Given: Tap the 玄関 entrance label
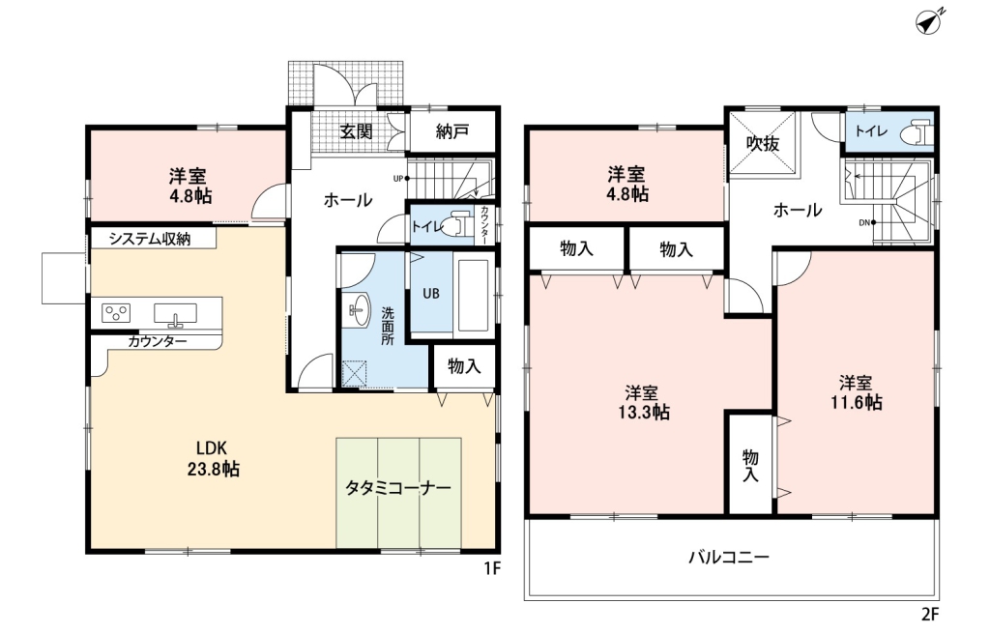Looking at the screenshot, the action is click(x=356, y=131).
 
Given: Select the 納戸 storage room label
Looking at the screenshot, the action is click(x=452, y=131).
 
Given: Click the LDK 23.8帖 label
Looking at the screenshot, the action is click(x=213, y=459).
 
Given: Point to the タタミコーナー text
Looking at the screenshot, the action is click(x=398, y=488).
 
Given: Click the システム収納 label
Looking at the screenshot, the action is click(x=150, y=239).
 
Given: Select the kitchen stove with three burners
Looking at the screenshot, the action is click(x=117, y=313).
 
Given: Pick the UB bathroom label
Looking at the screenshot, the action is click(x=431, y=294).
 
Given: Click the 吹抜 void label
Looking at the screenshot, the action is click(x=763, y=144).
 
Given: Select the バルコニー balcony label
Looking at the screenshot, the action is click(x=729, y=558).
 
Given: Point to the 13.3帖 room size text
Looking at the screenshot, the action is click(x=644, y=413).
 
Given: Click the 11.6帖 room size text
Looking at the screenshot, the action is click(x=857, y=402).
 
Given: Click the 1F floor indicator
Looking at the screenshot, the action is click(x=492, y=569).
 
